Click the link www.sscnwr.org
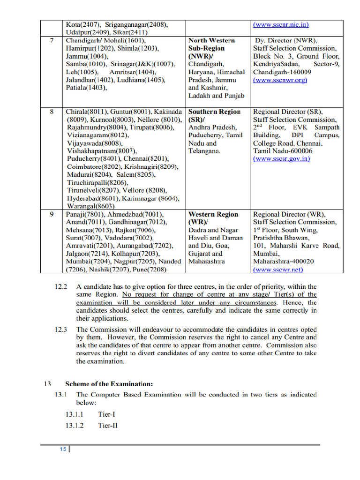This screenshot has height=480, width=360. (280, 80)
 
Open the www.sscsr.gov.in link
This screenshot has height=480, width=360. (281, 159)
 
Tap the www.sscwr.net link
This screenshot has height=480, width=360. (278, 270)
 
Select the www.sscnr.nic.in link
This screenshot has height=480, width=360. (281, 24)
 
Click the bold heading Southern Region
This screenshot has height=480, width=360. (214, 112)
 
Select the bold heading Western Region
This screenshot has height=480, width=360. (213, 214)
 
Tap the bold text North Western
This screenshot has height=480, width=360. (211, 41)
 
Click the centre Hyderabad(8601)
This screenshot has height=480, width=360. (88, 198)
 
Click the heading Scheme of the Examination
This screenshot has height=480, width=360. (109, 384)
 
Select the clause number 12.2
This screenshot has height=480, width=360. (61, 286)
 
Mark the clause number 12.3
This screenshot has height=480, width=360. (61, 330)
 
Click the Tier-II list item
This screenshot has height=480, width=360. (107, 426)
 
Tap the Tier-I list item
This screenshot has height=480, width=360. (106, 414)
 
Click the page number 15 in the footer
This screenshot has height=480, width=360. (63, 450)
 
